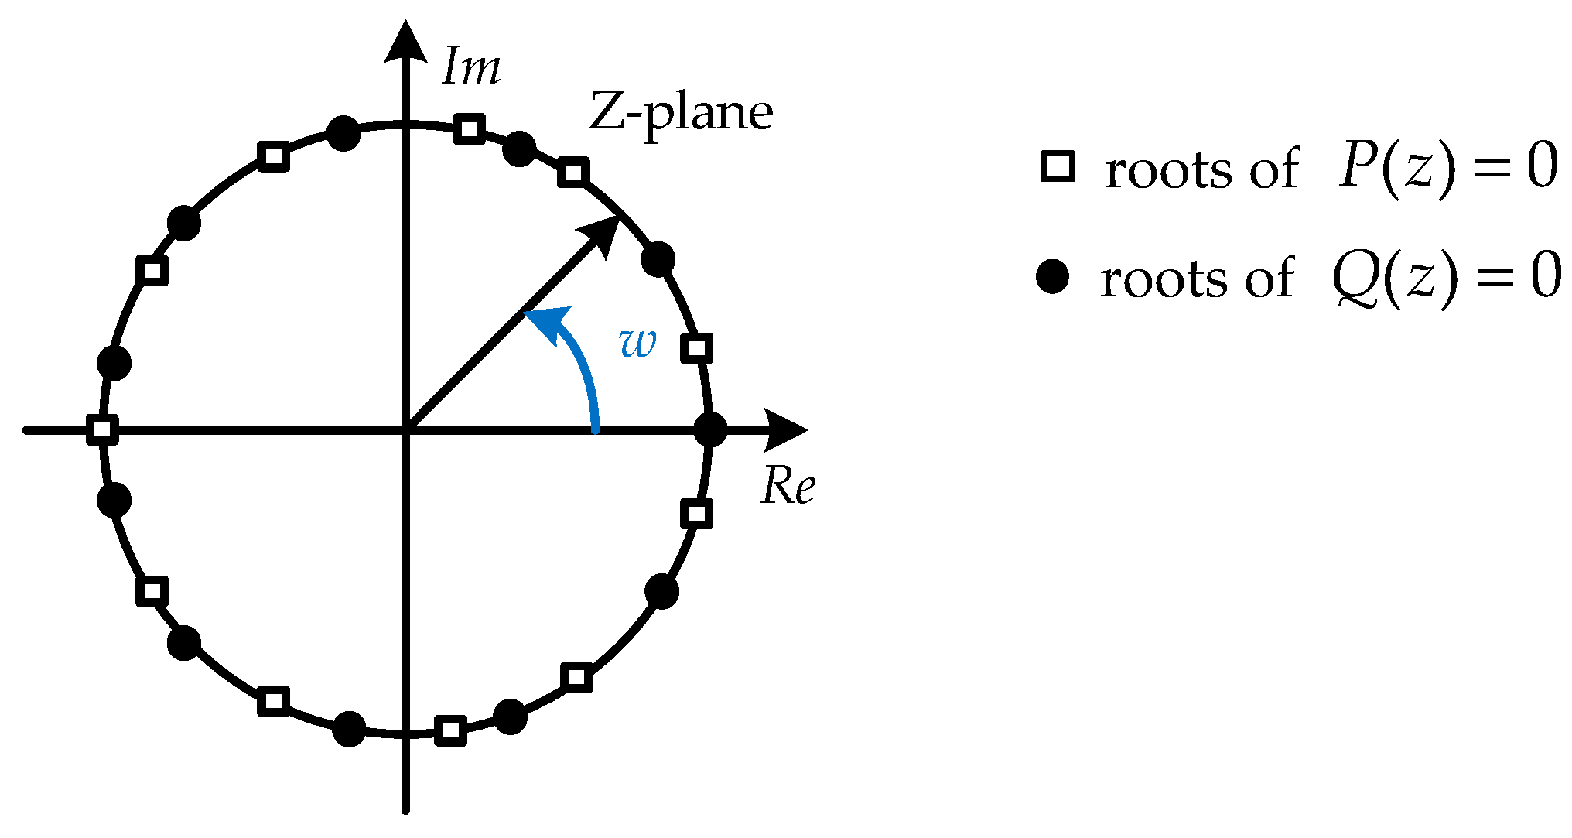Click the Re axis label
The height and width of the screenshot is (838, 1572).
788,486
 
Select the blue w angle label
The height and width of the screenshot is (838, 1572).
638,342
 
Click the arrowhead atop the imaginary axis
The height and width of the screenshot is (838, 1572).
406,42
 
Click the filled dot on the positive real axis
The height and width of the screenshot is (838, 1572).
710,429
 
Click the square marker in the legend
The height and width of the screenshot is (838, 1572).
1058,167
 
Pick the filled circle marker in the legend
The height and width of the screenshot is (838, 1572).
1053,277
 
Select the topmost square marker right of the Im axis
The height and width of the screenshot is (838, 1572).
470,128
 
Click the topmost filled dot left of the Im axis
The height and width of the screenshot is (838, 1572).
343,134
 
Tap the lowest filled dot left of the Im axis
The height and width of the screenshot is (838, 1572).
349,729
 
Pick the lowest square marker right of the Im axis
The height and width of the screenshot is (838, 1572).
451,730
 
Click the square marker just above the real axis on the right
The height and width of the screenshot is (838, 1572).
697,348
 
